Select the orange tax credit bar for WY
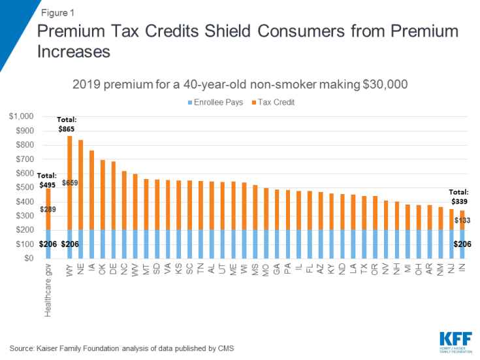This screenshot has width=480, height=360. pos(70,182)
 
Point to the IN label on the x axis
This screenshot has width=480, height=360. pos(462,269)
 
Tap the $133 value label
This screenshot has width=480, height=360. pos(461,221)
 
